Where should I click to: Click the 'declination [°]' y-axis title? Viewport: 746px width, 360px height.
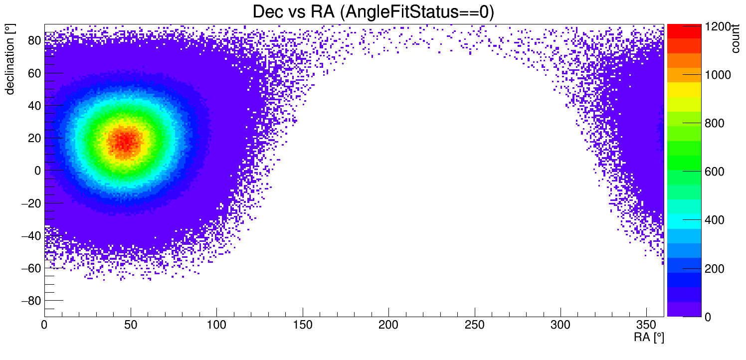pyautogui.click(x=10, y=61)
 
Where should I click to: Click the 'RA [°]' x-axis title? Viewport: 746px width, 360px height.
pyautogui.click(x=648, y=338)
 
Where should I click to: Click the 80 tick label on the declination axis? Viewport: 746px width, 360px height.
pyautogui.click(x=34, y=41)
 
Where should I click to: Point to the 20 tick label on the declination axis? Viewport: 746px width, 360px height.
pyautogui.click(x=34, y=138)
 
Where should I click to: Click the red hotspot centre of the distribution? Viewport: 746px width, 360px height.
pyautogui.click(x=125, y=141)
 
